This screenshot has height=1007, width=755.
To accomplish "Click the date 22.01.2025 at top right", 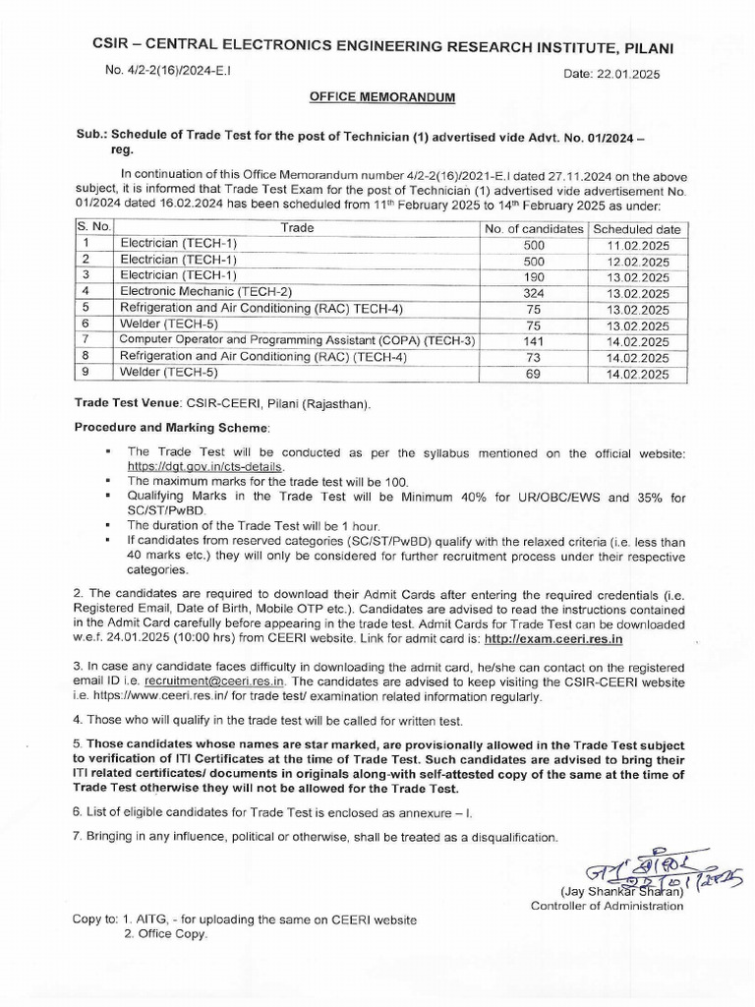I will click(612, 75).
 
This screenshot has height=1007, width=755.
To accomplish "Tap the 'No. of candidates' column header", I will click(530, 228).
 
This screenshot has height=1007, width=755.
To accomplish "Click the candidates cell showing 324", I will click(530, 292).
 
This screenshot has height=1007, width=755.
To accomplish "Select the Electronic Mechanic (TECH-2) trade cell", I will click(193, 292).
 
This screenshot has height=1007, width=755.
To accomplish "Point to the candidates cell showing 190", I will click(530, 276).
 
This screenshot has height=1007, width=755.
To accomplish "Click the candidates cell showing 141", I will click(530, 340).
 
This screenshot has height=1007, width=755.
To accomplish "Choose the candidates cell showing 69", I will click(530, 373).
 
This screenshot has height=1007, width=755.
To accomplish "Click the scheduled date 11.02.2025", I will click(638, 244).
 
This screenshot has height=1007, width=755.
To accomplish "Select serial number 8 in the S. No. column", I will click(87, 357).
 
